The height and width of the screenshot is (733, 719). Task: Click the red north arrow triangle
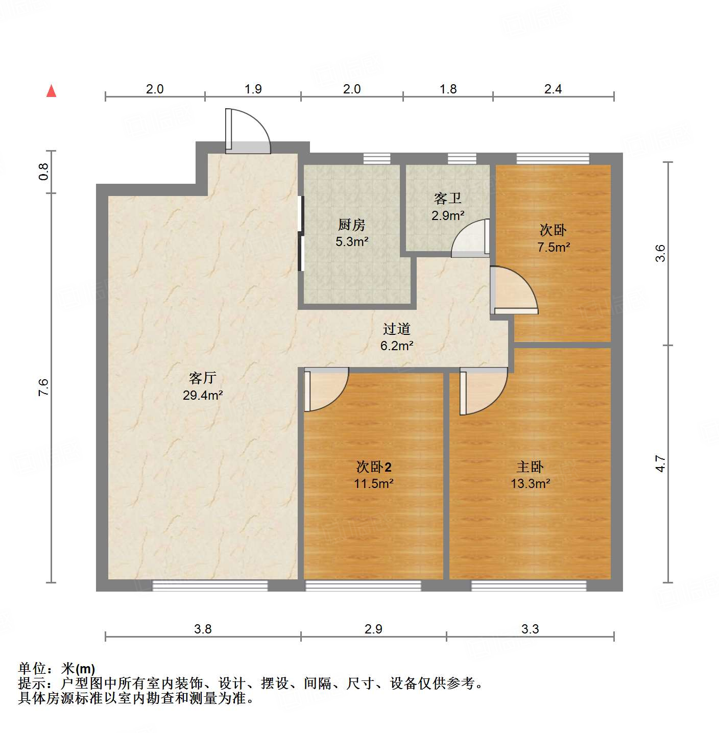[x=51, y=91]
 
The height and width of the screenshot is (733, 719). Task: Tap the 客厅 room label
[x=203, y=378]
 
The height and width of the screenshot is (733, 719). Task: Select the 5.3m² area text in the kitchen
[x=352, y=241]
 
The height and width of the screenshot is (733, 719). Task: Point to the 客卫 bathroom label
[x=447, y=198]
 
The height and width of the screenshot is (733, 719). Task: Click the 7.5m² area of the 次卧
[x=554, y=247]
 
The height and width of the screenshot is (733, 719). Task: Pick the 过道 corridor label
[x=397, y=329]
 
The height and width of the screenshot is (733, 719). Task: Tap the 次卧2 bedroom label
[x=374, y=467]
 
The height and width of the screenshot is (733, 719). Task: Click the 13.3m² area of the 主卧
[x=530, y=483]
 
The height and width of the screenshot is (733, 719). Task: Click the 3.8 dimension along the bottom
[x=203, y=629]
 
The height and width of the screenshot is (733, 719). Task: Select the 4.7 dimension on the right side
[x=661, y=463]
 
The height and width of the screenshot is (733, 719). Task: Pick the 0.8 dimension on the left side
[x=44, y=172]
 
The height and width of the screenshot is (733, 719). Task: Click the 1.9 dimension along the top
[x=253, y=89]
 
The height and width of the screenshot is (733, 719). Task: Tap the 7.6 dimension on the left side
[x=44, y=387]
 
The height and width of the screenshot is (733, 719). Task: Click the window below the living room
[x=210, y=585]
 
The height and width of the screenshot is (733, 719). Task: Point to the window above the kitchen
[x=377, y=159]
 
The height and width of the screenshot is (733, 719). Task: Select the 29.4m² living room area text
[x=203, y=395]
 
